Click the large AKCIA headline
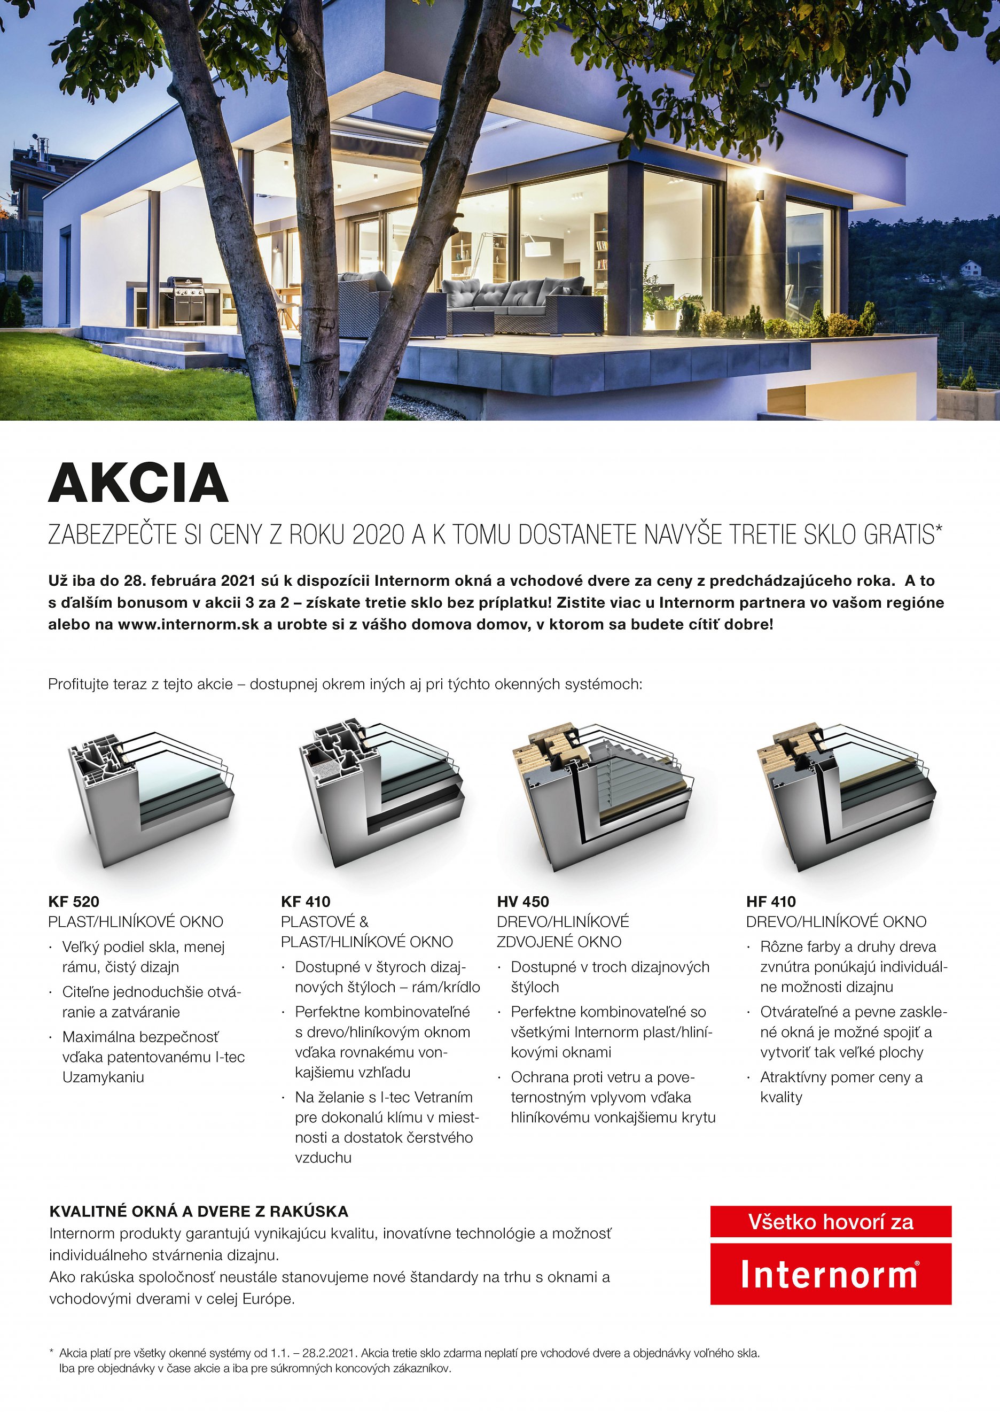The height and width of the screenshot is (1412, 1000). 138,483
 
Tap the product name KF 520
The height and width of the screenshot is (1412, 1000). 73,902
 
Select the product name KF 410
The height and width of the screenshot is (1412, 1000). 306,902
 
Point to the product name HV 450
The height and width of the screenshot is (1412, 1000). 523,902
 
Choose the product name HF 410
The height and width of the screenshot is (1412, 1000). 771,902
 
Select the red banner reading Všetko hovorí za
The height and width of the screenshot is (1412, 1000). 830,1222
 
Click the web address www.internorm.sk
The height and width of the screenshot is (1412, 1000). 189,624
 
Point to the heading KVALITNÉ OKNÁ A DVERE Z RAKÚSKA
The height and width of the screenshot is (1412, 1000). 198,1211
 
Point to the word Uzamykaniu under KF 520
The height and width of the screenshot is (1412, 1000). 103,1077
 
